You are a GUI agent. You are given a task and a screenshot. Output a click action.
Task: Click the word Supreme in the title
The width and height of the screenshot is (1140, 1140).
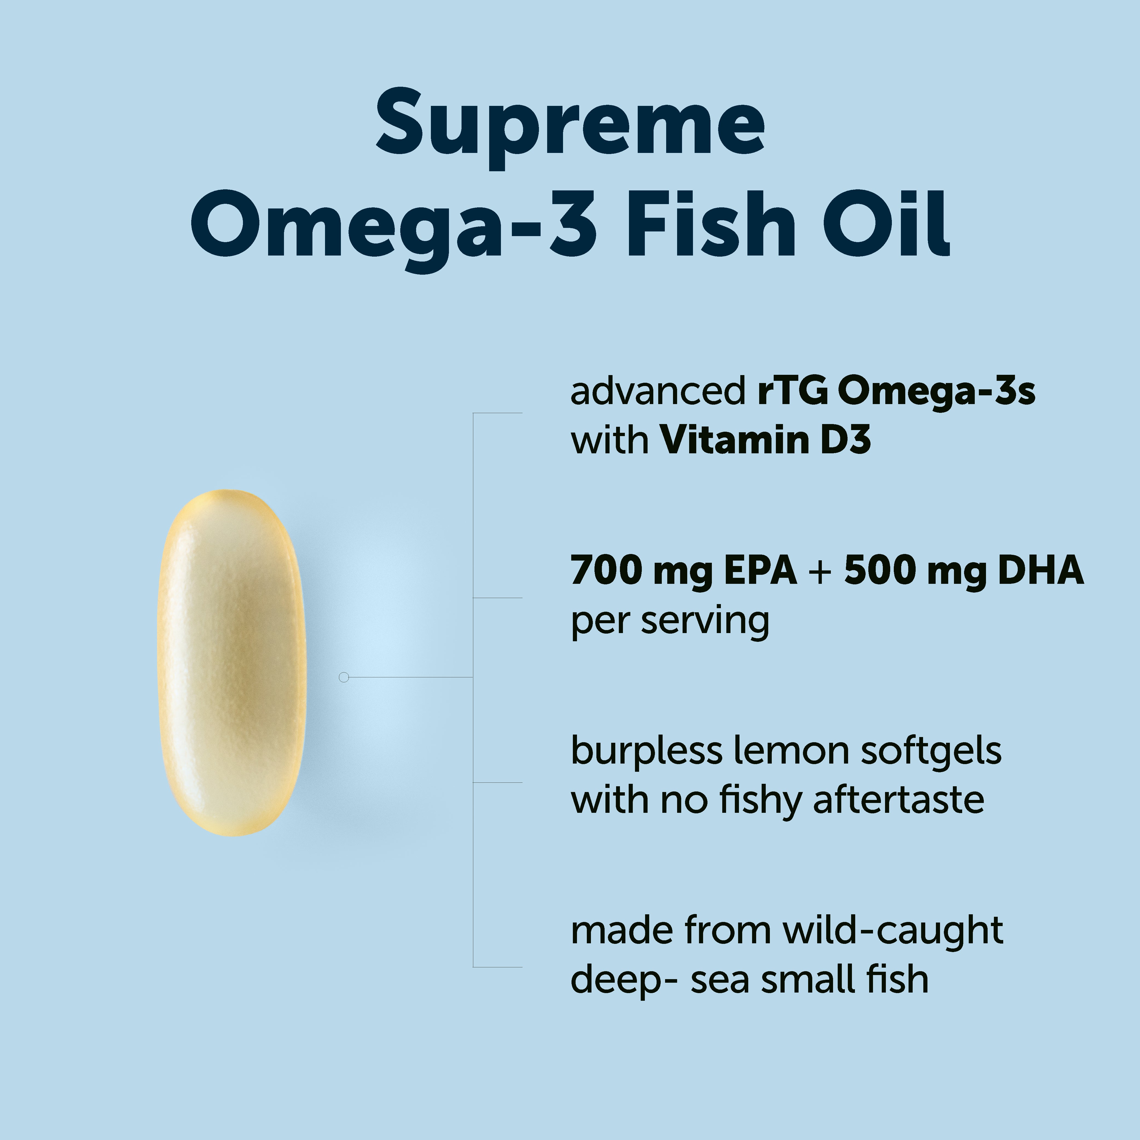click(570, 127)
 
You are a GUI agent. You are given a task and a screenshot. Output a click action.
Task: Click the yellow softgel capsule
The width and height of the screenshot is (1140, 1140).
click(232, 663)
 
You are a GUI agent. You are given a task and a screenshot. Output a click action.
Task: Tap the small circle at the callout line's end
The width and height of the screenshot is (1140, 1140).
click(344, 677)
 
